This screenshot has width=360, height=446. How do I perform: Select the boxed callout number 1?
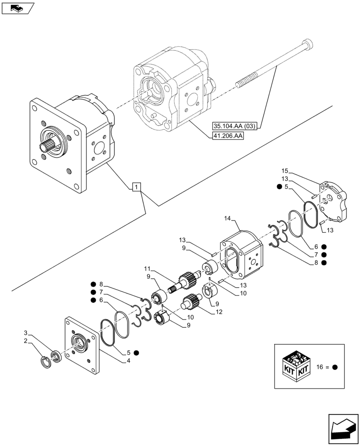pyautogui.click(x=136, y=187)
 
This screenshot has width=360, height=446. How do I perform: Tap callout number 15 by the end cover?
pyautogui.click(x=285, y=171)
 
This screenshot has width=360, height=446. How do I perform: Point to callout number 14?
pyautogui.click(x=228, y=219)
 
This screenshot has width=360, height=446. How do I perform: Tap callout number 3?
pyautogui.click(x=26, y=333)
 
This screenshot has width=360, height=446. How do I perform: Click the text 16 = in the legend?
pyautogui.click(x=322, y=367)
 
